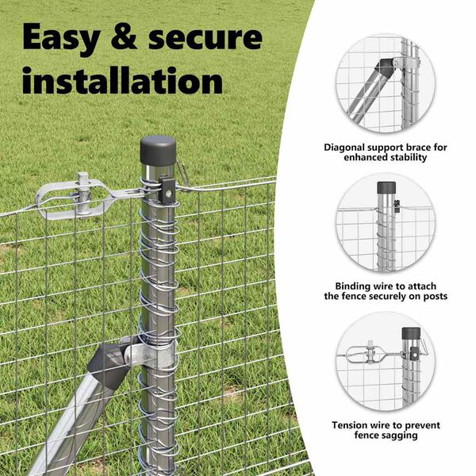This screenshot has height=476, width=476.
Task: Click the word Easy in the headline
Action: point(62,37)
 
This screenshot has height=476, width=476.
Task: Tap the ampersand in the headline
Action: point(125,37)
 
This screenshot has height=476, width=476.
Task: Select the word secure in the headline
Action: point(205,37)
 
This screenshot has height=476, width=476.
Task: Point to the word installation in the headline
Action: point(123,80)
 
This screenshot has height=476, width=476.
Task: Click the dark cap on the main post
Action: point(158,150)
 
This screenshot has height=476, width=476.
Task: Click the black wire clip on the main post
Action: point(167,187)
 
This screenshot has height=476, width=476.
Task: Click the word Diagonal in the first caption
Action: point(344,148)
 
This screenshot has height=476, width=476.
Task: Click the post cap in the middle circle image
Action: point(386,188)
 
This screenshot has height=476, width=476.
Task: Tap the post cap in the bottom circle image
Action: point(411,333)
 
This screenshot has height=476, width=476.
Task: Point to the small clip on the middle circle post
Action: point(397,206)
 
